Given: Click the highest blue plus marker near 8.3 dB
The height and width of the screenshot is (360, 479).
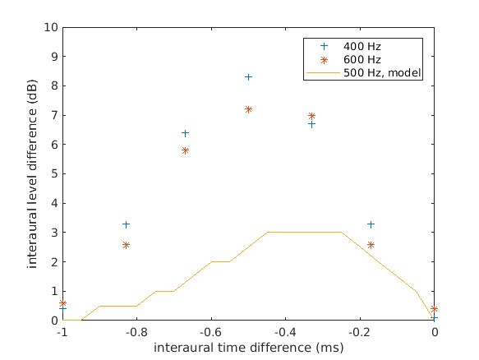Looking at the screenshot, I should tap(248, 77).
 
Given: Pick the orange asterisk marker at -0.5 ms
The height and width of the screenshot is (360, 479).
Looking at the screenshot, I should tap(248, 109).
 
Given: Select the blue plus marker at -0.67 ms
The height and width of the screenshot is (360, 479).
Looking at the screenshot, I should tap(185, 133).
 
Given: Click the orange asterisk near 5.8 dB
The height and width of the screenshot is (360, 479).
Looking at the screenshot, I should tap(185, 150).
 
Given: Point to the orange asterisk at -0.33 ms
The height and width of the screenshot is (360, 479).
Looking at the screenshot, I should tap(311, 117).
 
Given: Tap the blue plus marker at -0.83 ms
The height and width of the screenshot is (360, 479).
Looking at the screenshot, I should tap(126, 224).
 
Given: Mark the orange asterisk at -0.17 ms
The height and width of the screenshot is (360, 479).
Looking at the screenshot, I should tap(371, 245).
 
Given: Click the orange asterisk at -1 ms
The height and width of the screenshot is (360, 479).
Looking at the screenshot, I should tap(62, 303).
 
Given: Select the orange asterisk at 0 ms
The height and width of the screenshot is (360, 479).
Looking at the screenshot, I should tap(434, 310).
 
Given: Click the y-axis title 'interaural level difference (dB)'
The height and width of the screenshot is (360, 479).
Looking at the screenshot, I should tap(33, 173).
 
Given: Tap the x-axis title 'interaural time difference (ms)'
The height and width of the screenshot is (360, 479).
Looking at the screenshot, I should tap(248, 348).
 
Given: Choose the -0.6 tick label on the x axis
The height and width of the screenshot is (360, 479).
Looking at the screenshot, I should tap(210, 332).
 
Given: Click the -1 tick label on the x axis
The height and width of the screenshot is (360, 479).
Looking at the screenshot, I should tap(62, 332).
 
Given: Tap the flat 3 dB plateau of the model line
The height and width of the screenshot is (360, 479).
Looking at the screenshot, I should tap(304, 232).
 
